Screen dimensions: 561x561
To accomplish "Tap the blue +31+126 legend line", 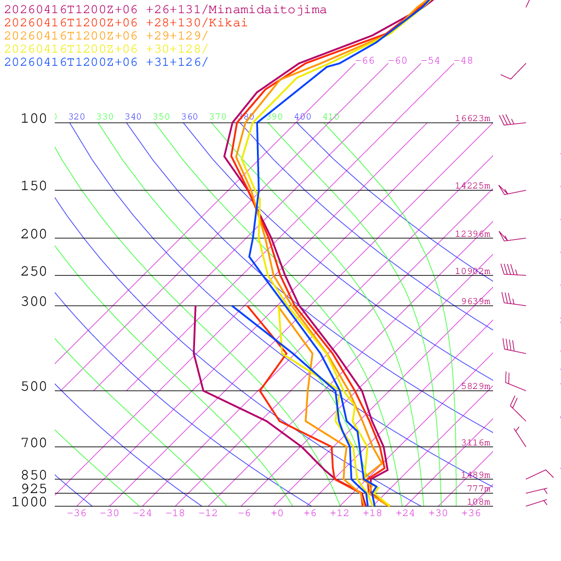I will (x=106, y=62).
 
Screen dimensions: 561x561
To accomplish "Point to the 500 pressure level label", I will (x=34, y=387).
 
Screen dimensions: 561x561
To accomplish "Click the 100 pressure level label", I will (x=34, y=119).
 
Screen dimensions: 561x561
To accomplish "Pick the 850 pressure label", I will (x=34, y=476).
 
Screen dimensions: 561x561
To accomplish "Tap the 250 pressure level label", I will (x=34, y=272).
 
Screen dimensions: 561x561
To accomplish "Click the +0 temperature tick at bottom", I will (x=277, y=513).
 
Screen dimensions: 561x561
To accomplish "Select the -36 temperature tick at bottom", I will (x=77, y=513).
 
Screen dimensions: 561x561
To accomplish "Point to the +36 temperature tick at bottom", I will (x=471, y=513).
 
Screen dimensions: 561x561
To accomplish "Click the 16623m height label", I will (x=473, y=118).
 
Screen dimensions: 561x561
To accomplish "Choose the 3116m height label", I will (x=476, y=443).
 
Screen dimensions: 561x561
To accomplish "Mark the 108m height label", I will (x=478, y=502).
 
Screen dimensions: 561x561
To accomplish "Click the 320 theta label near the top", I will (x=77, y=117).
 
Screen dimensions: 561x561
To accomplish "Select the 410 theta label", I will (x=331, y=117).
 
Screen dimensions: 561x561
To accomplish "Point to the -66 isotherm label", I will (x=365, y=61).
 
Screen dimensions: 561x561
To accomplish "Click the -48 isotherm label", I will (x=463, y=61).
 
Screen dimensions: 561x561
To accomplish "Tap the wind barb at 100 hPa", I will (x=512, y=122).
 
